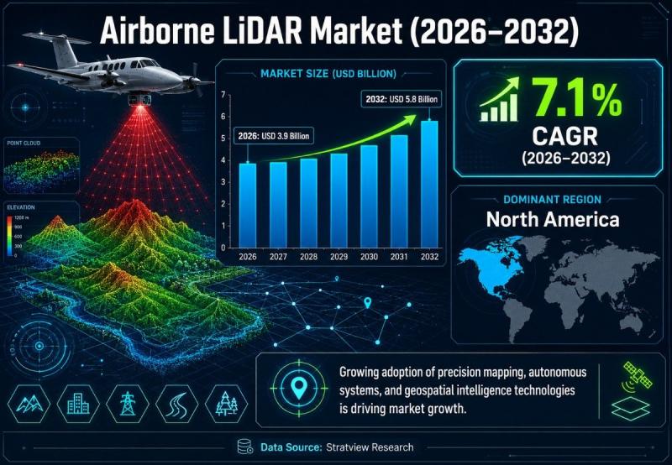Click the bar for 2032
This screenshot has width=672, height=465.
tap(429, 184)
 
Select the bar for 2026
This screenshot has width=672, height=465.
tap(248, 206)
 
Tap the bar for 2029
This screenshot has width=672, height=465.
tap(339, 201)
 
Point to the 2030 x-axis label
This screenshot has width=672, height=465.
tap(369, 257)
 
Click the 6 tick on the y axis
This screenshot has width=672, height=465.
tap(223, 117)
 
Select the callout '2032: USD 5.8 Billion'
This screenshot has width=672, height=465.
tap(402, 99)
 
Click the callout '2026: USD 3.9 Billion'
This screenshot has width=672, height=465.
tap(274, 136)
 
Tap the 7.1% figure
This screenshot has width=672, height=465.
tap(577, 100)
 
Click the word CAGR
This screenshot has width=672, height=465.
tap(564, 137)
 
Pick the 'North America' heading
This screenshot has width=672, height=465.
tap(553, 220)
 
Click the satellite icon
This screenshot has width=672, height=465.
tap(637, 376)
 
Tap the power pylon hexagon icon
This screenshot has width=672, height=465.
tap(128, 404)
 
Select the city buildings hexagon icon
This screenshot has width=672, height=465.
tap(78, 404)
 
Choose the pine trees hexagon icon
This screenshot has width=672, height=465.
tap(226, 404)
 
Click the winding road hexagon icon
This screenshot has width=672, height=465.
tap(176, 404)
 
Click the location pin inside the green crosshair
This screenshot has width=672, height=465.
tap(299, 388)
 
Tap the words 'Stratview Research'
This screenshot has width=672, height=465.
tap(370, 447)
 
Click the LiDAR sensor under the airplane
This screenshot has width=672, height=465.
tap(139, 98)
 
